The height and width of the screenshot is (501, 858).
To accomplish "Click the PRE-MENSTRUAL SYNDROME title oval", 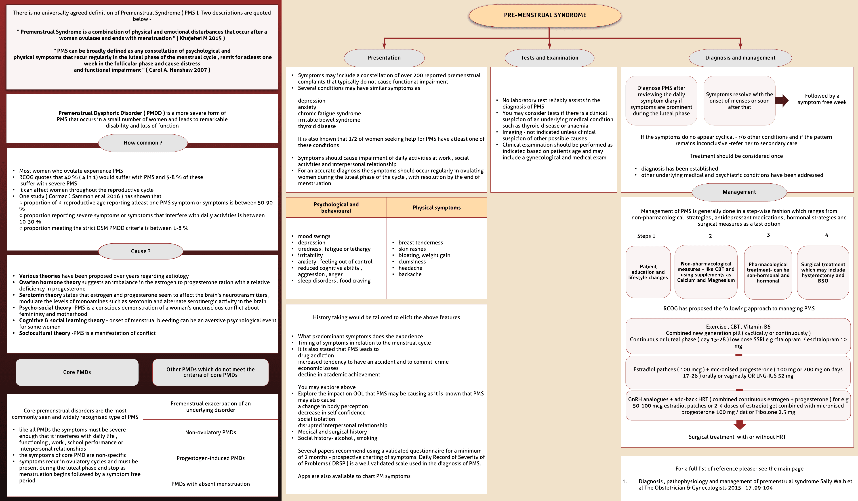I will point(545,15).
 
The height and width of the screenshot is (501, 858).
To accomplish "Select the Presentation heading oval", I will point(384,58).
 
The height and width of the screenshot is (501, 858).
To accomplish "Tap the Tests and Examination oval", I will point(549,58).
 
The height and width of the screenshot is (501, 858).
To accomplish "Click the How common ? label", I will point(143,143).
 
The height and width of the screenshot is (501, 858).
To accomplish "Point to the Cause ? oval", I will point(141,251).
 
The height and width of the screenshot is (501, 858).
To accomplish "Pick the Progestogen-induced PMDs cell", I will point(210,458).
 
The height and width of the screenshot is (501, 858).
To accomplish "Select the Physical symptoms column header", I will point(437,208).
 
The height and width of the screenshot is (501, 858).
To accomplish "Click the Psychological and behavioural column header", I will point(336,208).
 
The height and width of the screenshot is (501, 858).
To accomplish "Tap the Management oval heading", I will point(739,192).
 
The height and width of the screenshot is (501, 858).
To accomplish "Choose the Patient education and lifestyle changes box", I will point(648,272).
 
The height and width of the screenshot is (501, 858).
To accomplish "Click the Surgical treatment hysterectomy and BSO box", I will point(823,272).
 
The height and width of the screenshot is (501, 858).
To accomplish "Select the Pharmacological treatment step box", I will point(768,272).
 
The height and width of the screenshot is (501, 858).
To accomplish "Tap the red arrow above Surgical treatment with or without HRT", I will point(740,425).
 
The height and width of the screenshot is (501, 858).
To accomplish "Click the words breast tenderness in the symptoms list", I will point(421,243).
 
